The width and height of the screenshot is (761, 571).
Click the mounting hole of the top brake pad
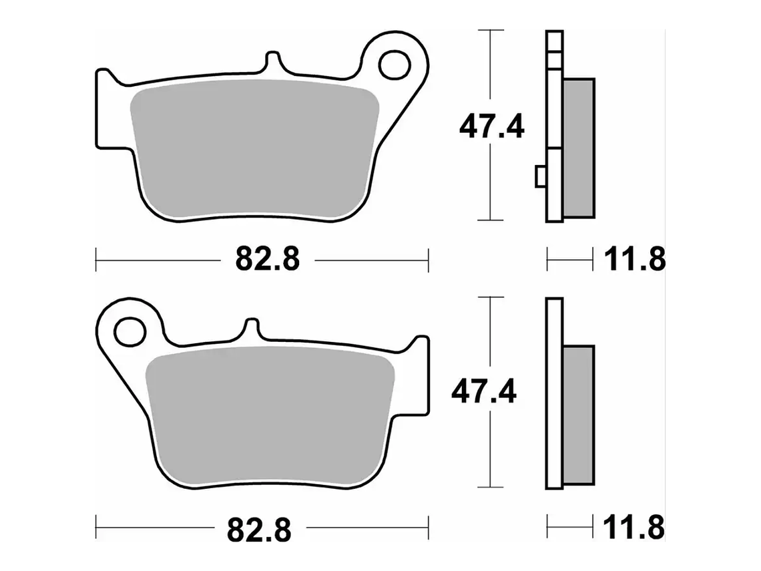pos(395,65)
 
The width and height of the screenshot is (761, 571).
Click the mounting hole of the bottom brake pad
pos(130,332)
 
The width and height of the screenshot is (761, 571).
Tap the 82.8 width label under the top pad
pos(268,259)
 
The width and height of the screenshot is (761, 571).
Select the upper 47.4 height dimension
pos(491,127)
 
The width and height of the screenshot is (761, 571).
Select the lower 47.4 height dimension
pos(484,392)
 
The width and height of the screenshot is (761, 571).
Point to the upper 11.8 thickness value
pos(634,260)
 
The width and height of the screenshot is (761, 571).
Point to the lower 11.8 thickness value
pos(633,528)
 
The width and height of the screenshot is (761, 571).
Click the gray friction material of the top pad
pos(255,148)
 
